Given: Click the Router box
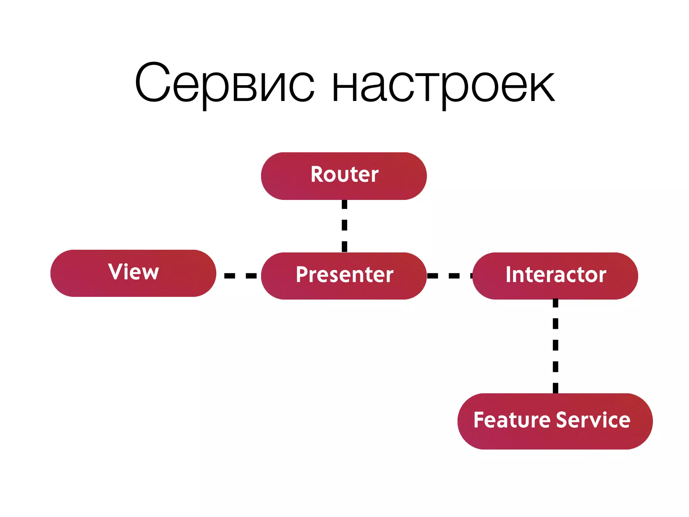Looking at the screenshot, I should pyautogui.click(x=344, y=176).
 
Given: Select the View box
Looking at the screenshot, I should pyautogui.click(x=133, y=273).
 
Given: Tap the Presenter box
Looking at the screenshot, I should pyautogui.click(x=344, y=276).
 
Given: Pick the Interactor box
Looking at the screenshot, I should pyautogui.click(x=555, y=276).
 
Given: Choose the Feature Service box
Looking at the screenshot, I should pyautogui.click(x=555, y=421).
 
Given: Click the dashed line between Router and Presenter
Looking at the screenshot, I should pyautogui.click(x=344, y=225).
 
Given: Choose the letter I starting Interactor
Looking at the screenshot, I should pyautogui.click(x=508, y=274).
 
